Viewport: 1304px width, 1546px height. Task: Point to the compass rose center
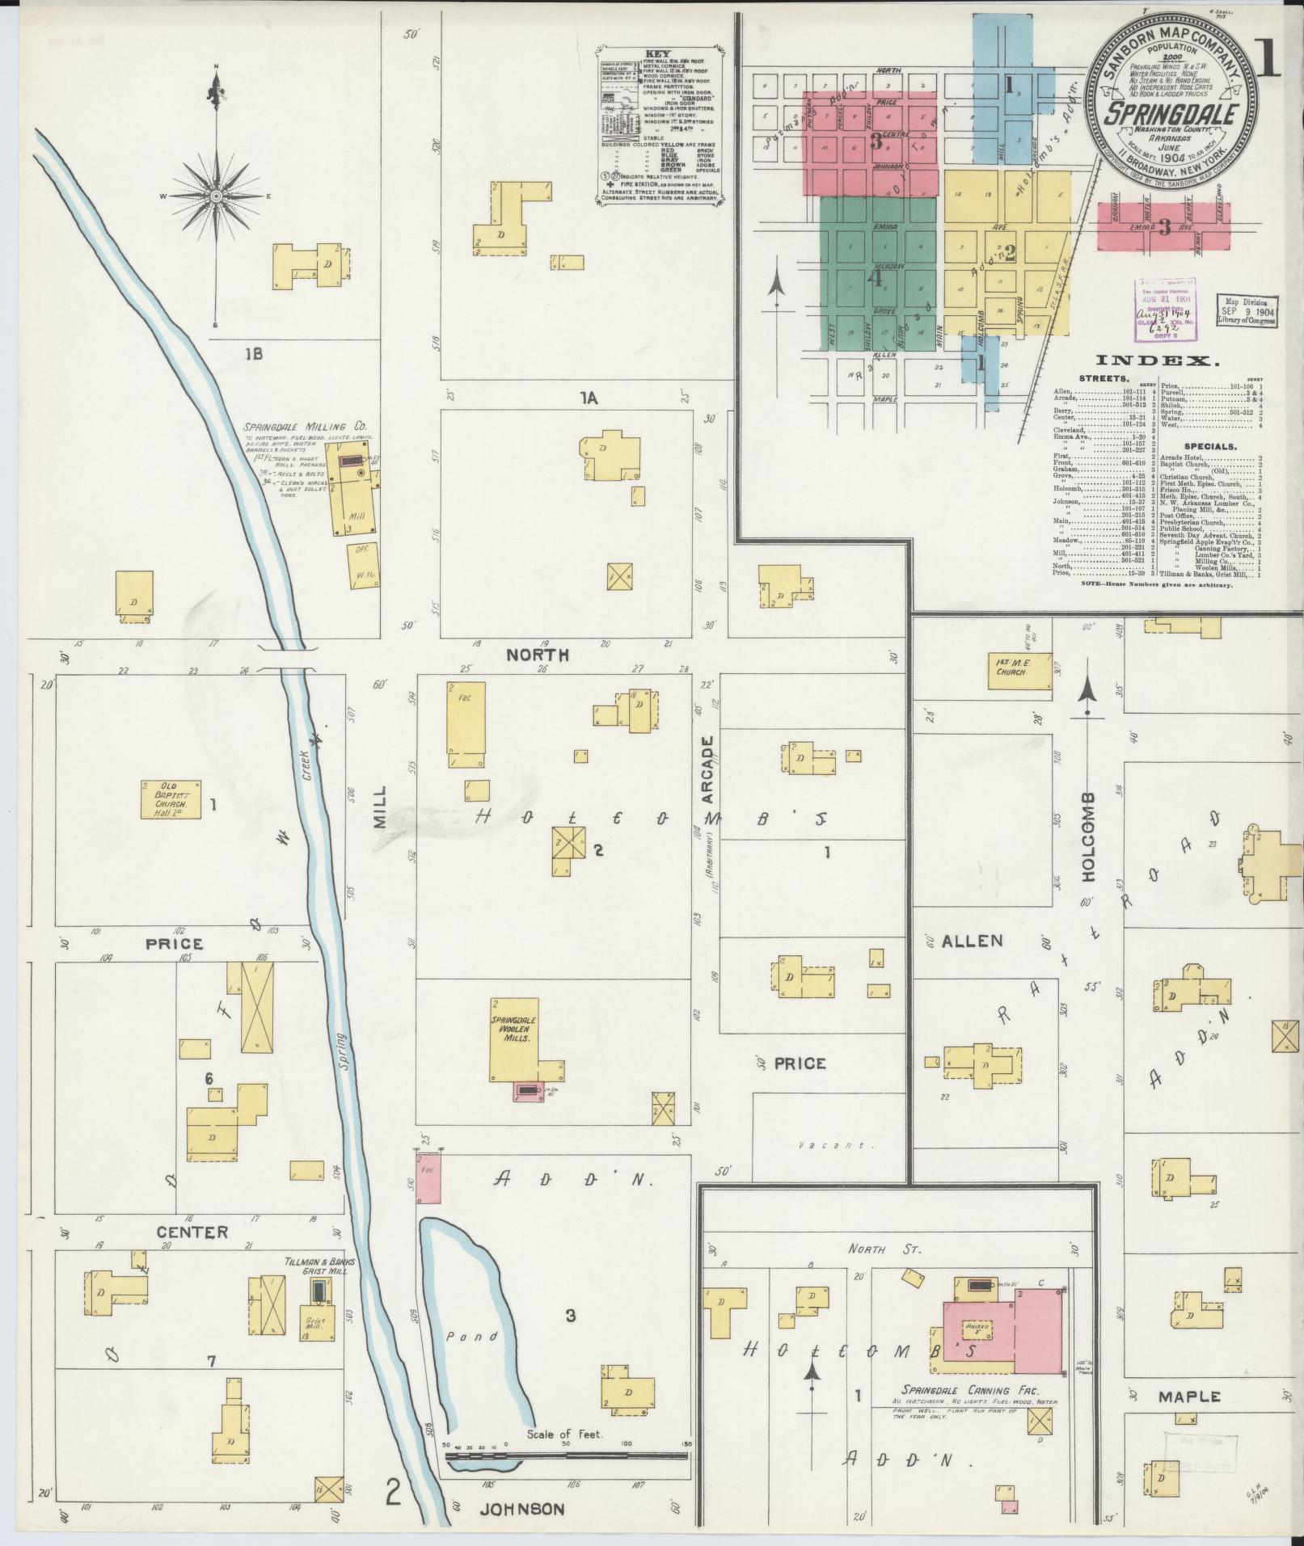[216, 196]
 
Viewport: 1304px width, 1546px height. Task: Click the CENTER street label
[192, 1232]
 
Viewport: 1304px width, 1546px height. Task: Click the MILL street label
[380, 808]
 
